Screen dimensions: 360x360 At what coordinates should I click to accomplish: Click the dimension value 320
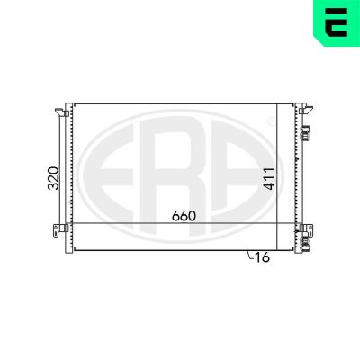(x=54, y=178)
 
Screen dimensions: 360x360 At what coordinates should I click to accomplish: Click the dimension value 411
(x=269, y=179)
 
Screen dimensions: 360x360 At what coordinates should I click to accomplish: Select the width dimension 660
(x=184, y=216)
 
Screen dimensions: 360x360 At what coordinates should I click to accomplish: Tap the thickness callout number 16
(x=262, y=257)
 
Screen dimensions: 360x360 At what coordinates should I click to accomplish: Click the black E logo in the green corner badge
(x=337, y=22)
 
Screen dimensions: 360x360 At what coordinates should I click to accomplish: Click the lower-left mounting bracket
(x=61, y=230)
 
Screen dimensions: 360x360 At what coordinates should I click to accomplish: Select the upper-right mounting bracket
(x=306, y=109)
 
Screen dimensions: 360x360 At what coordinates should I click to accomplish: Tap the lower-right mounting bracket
(x=306, y=229)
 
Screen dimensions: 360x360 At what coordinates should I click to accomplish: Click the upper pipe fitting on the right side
(x=306, y=133)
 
